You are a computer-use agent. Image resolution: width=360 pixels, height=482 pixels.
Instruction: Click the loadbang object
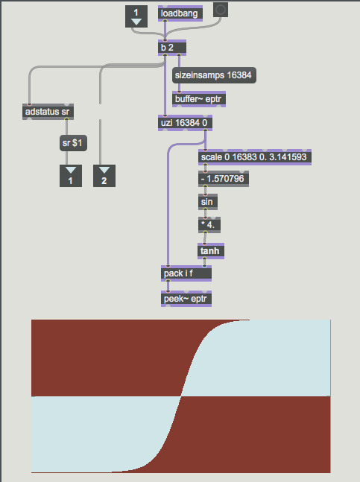pyautogui.click(x=180, y=13)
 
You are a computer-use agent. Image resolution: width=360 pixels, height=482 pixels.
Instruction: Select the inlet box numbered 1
pyautogui.click(x=136, y=16)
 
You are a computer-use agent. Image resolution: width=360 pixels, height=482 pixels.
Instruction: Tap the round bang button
pyautogui.click(x=221, y=10)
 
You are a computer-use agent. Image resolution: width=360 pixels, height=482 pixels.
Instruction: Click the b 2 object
pyautogui.click(x=172, y=48)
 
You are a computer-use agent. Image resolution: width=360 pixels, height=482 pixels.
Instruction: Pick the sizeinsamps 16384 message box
pyautogui.click(x=214, y=75)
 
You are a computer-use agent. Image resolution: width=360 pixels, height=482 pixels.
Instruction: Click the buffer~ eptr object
pyautogui.click(x=199, y=99)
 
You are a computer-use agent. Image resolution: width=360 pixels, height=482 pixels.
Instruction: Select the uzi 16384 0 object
pyautogui.click(x=185, y=123)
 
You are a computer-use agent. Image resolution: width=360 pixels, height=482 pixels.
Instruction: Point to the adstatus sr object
pyautogui.click(x=48, y=112)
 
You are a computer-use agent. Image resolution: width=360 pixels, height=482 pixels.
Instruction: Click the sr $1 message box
pyautogui.click(x=73, y=143)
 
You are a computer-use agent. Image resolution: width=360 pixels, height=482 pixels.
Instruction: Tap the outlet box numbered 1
pyautogui.click(x=71, y=176)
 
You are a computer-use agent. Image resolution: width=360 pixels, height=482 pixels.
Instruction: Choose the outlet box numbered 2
pyautogui.click(x=104, y=176)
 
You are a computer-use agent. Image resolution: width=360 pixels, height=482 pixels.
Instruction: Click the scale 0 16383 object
pyautogui.click(x=255, y=157)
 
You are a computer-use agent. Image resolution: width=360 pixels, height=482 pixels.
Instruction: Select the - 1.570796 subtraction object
pyautogui.click(x=224, y=179)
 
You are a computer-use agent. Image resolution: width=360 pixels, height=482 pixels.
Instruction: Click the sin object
pyautogui.click(x=208, y=202)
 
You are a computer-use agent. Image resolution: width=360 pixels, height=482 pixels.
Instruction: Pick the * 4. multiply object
pyautogui.click(x=209, y=225)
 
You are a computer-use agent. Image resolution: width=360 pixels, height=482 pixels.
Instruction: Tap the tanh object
pyautogui.click(x=211, y=251)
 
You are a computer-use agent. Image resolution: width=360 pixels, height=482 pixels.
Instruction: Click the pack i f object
pyautogui.click(x=186, y=273)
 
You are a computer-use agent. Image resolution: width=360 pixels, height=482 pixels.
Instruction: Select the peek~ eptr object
pyautogui.click(x=186, y=299)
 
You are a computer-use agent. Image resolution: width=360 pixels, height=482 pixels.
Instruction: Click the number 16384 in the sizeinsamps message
pyautogui.click(x=239, y=75)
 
